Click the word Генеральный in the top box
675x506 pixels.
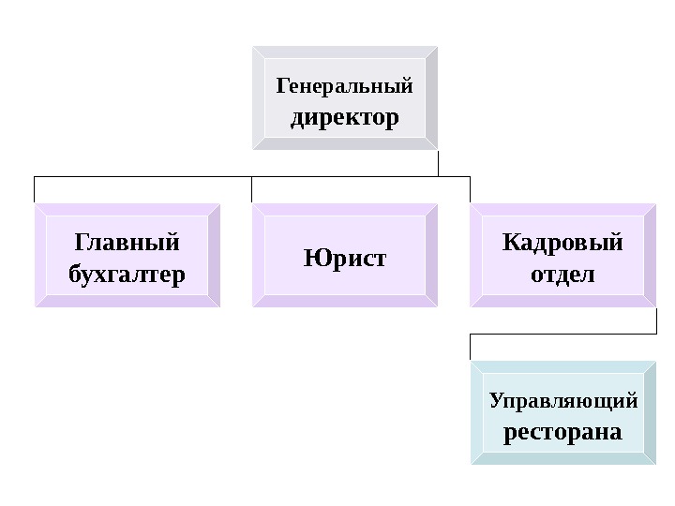tap(344, 87)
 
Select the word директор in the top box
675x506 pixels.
tap(344, 120)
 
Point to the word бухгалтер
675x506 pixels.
tap(127, 275)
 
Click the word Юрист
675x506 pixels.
tap(344, 256)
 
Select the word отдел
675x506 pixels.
tap(562, 276)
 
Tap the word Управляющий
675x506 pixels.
tap(562, 402)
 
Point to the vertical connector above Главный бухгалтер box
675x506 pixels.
tap(35, 189)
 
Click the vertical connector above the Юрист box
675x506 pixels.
tap(252, 189)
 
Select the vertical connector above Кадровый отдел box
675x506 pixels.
tap(470, 189)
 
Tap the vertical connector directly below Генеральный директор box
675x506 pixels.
tap(438, 163)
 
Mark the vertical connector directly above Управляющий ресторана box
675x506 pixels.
tap(470, 346)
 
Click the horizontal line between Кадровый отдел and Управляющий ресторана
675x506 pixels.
tap(562, 332)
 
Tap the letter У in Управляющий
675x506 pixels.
tap(496, 402)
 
